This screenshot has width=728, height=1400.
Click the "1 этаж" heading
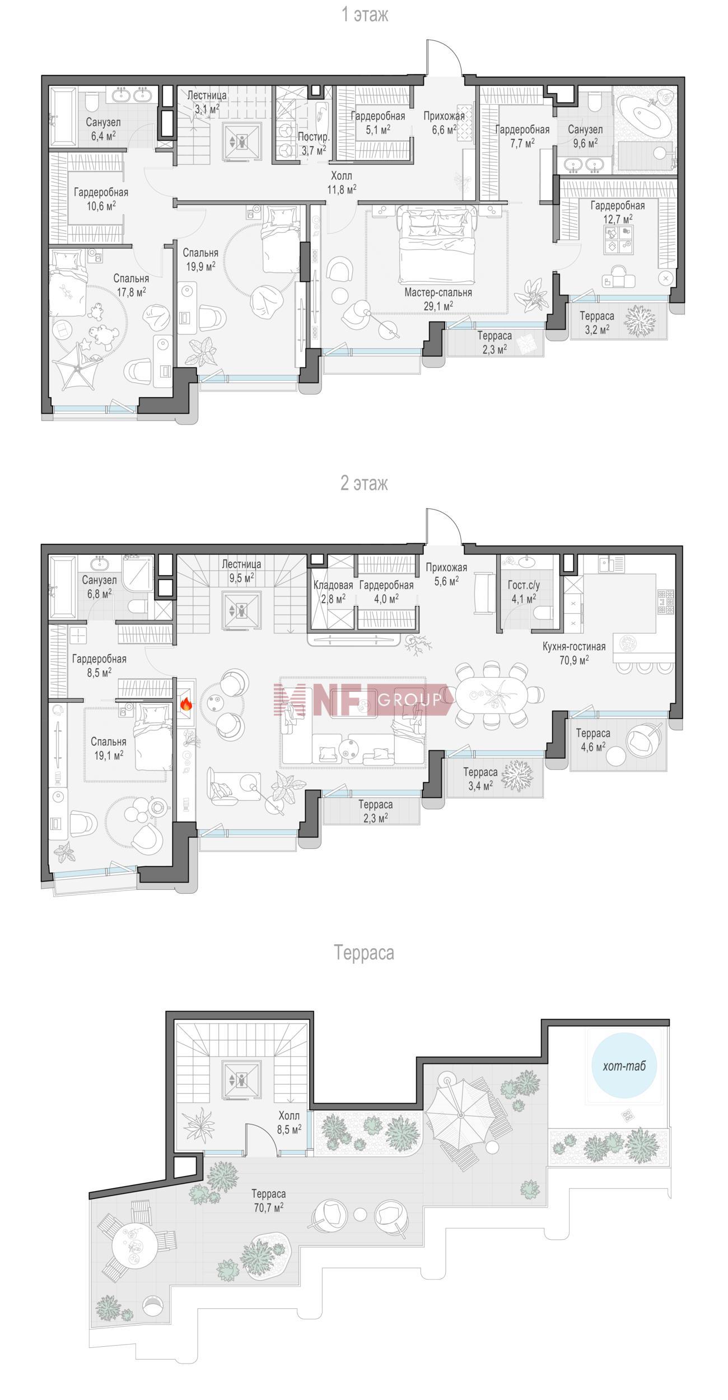click(x=365, y=15)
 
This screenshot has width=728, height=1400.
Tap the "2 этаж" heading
click(x=364, y=483)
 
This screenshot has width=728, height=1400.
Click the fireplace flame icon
click(x=186, y=704)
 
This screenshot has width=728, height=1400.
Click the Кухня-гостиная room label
click(x=574, y=647)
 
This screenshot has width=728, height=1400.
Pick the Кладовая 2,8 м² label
click(x=333, y=591)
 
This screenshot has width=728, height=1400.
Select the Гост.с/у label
click(x=524, y=585)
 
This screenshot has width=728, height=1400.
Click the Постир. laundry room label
click(x=314, y=137)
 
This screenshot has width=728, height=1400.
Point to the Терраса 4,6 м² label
click(x=593, y=740)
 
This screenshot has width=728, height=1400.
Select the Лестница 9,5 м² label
click(x=241, y=570)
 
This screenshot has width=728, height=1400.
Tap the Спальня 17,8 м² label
click(x=131, y=284)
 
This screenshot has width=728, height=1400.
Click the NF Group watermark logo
click(x=362, y=699)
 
